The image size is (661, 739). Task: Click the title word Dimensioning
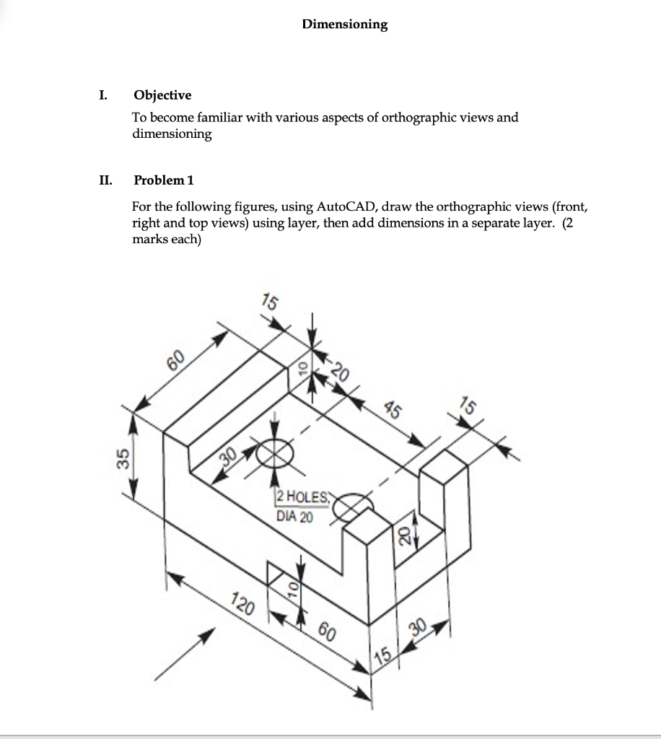tap(344, 25)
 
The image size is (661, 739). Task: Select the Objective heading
tap(162, 95)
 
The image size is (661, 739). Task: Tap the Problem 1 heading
tap(164, 180)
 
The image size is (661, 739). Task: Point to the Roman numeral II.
tap(105, 180)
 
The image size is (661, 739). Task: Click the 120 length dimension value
tap(242, 600)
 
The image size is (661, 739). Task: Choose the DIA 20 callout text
tap(294, 516)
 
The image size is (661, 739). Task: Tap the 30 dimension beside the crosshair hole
tap(228, 458)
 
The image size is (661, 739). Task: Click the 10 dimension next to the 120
tap(293, 588)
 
